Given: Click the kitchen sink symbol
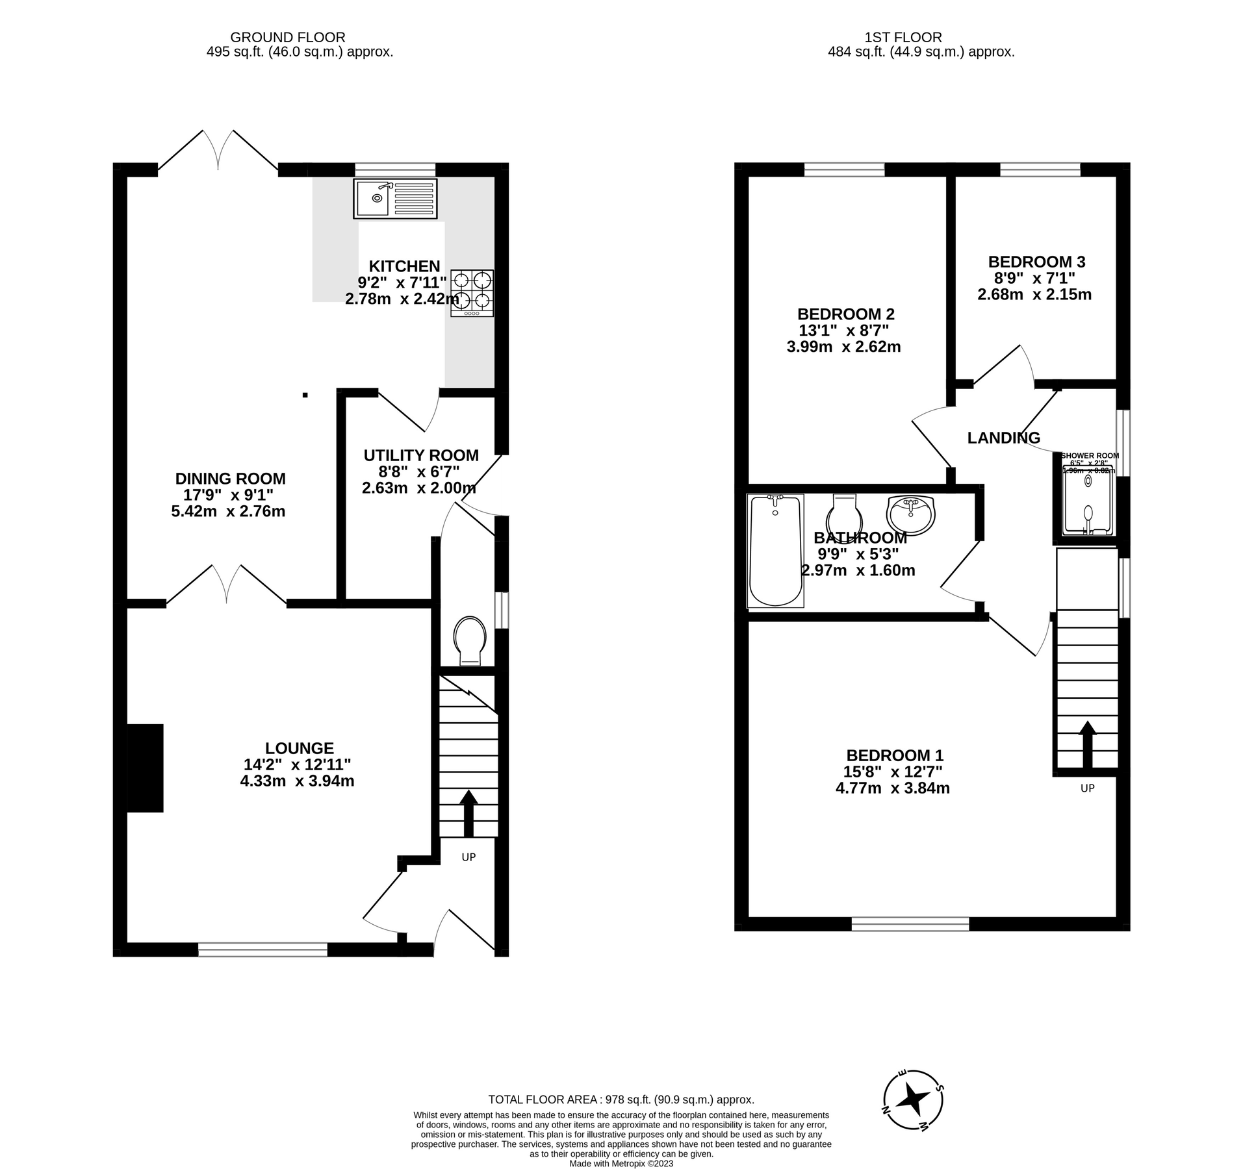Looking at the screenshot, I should tap(395, 198).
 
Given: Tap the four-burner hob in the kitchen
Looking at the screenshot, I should tap(472, 293).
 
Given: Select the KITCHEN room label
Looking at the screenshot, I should tap(404, 266).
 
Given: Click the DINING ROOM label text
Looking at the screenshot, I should tap(230, 479).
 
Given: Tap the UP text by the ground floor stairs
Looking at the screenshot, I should tap(468, 857).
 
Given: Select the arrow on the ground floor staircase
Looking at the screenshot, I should tap(468, 812).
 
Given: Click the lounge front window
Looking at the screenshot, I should tap(263, 950).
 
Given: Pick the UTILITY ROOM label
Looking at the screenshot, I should tap(421, 455).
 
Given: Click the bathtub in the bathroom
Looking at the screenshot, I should tap(775, 550).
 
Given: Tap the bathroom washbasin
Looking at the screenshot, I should tap(910, 514).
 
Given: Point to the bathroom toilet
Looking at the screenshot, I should tap(843, 515).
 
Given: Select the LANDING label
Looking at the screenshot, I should tap(1003, 438).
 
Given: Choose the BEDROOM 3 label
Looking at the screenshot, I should tap(1036, 262).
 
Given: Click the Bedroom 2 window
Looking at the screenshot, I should tap(844, 170).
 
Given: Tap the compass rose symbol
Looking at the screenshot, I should tap(913, 1100).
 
